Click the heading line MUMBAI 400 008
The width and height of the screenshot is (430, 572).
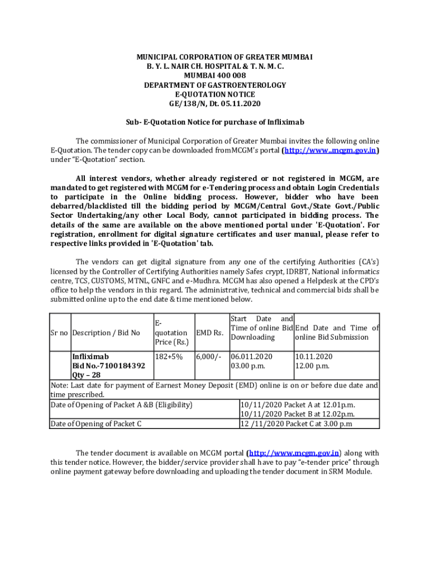[215, 75]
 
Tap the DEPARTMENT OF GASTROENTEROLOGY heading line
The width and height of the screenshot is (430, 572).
[215, 85]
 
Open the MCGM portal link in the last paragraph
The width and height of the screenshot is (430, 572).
[293, 453]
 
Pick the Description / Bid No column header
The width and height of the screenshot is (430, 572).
[106, 333]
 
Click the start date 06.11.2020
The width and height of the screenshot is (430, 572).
[251, 356]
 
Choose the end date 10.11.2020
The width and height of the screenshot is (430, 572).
[314, 356]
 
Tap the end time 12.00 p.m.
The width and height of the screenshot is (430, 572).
[313, 366]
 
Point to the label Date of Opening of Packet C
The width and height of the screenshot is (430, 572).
[95, 423]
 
